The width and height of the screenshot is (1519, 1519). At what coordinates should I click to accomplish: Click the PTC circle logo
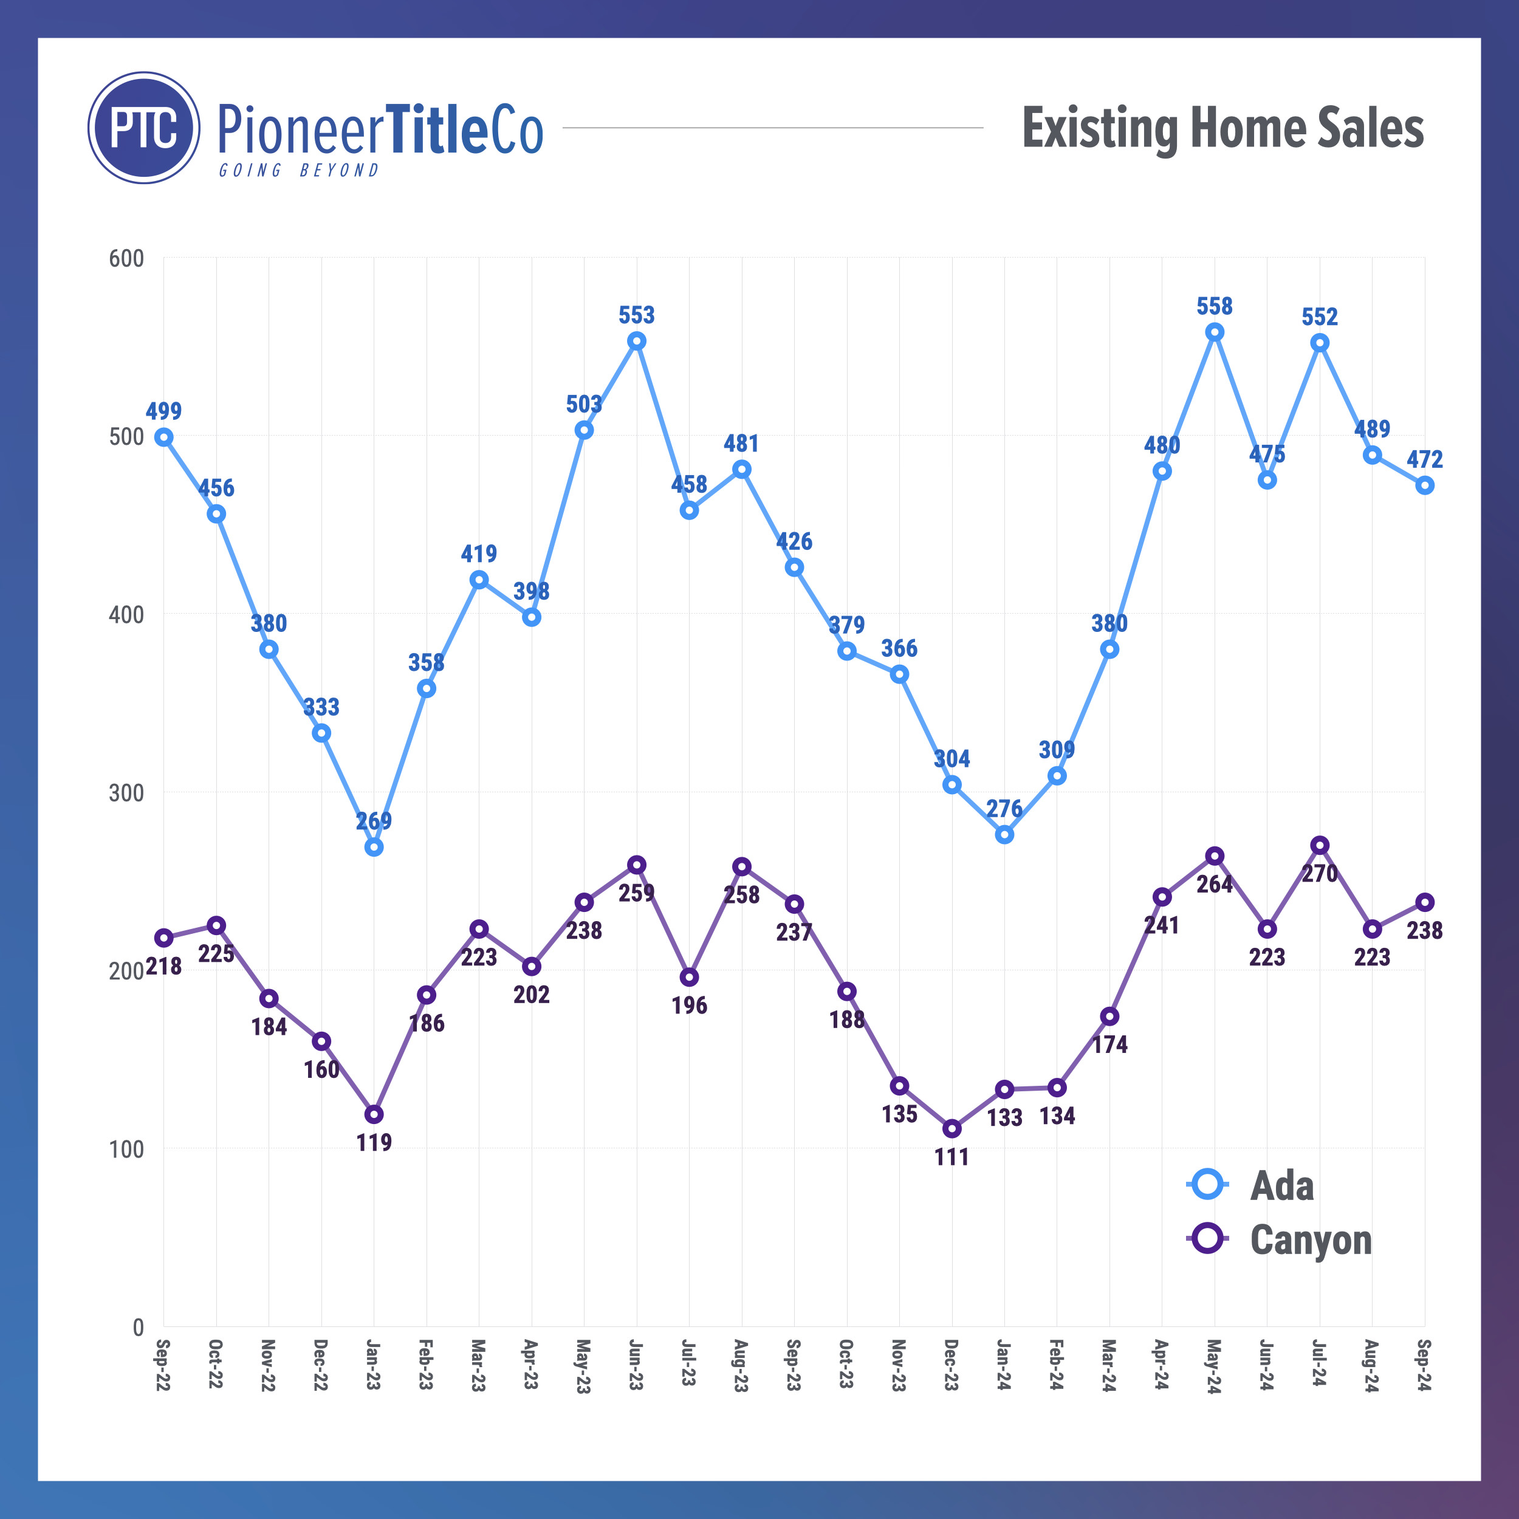144,128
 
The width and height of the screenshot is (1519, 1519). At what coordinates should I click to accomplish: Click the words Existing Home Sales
1222,128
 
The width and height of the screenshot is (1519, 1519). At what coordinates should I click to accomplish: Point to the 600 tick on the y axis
126,259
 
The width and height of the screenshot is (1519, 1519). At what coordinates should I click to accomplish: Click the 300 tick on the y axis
126,792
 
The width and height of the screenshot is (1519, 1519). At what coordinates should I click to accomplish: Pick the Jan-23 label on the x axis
374,1366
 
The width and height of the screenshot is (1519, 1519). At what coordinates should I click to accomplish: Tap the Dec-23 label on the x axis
952,1366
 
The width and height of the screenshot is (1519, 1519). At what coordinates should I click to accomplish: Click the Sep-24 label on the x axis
1424,1366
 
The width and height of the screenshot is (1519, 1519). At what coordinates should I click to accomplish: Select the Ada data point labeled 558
1215,332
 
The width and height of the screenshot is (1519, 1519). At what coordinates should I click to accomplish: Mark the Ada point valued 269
374,847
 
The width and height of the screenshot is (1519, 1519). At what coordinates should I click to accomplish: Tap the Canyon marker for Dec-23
952,1128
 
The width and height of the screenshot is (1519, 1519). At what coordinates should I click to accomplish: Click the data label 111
952,1156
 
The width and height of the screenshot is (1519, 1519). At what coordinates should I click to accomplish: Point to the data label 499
163,410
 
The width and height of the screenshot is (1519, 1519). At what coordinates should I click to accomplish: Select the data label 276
1004,808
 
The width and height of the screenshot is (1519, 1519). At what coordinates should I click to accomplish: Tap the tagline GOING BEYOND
299,171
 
